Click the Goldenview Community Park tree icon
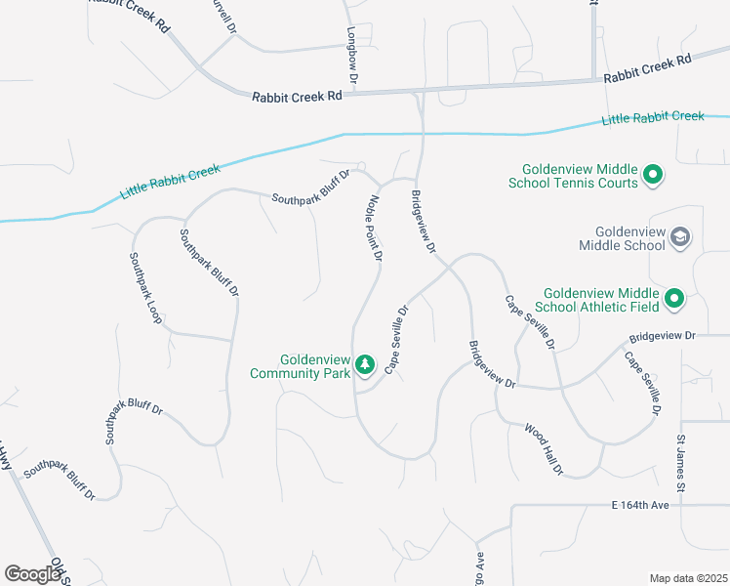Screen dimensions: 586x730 click(x=365, y=364)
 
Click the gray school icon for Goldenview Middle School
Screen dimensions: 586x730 click(x=680, y=237)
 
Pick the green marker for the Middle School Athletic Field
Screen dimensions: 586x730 click(x=674, y=298)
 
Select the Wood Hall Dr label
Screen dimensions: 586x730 click(x=544, y=449)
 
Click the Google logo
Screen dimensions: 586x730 click(x=32, y=573)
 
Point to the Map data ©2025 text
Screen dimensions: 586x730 click(x=688, y=578)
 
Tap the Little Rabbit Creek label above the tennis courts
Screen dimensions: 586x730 click(x=653, y=117)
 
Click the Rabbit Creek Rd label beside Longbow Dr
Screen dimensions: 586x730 click(x=297, y=97)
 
